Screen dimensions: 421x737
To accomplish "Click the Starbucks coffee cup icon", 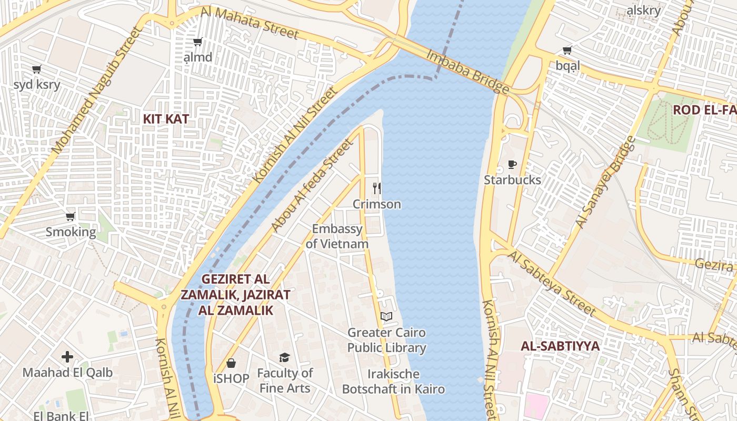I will [x=512, y=165].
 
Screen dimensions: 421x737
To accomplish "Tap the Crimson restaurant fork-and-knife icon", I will [x=377, y=188].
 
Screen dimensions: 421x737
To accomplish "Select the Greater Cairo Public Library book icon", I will [x=386, y=316].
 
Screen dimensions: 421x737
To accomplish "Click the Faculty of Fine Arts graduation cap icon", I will [x=285, y=358].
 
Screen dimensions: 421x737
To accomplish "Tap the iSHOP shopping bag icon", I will [x=231, y=363].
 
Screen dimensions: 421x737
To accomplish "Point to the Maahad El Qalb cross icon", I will [x=67, y=357].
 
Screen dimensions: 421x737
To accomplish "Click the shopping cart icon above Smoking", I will [x=71, y=216].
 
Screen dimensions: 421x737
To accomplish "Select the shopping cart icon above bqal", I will [x=567, y=51].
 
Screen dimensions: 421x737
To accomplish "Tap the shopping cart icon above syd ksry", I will [x=37, y=69].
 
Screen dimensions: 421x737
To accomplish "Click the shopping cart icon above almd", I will [x=198, y=42].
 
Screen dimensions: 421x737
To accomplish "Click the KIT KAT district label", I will [x=166, y=119].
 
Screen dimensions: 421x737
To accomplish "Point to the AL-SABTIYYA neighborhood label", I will [x=560, y=346].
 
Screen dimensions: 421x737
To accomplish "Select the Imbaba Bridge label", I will [x=467, y=71].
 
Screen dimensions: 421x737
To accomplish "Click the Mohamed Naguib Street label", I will [x=98, y=91].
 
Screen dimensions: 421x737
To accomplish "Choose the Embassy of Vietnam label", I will [x=337, y=236].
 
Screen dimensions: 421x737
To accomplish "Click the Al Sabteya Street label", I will [x=552, y=284].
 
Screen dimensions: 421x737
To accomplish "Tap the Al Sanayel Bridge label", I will [x=605, y=182].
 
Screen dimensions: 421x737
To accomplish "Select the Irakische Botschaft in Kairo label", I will [x=393, y=382].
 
